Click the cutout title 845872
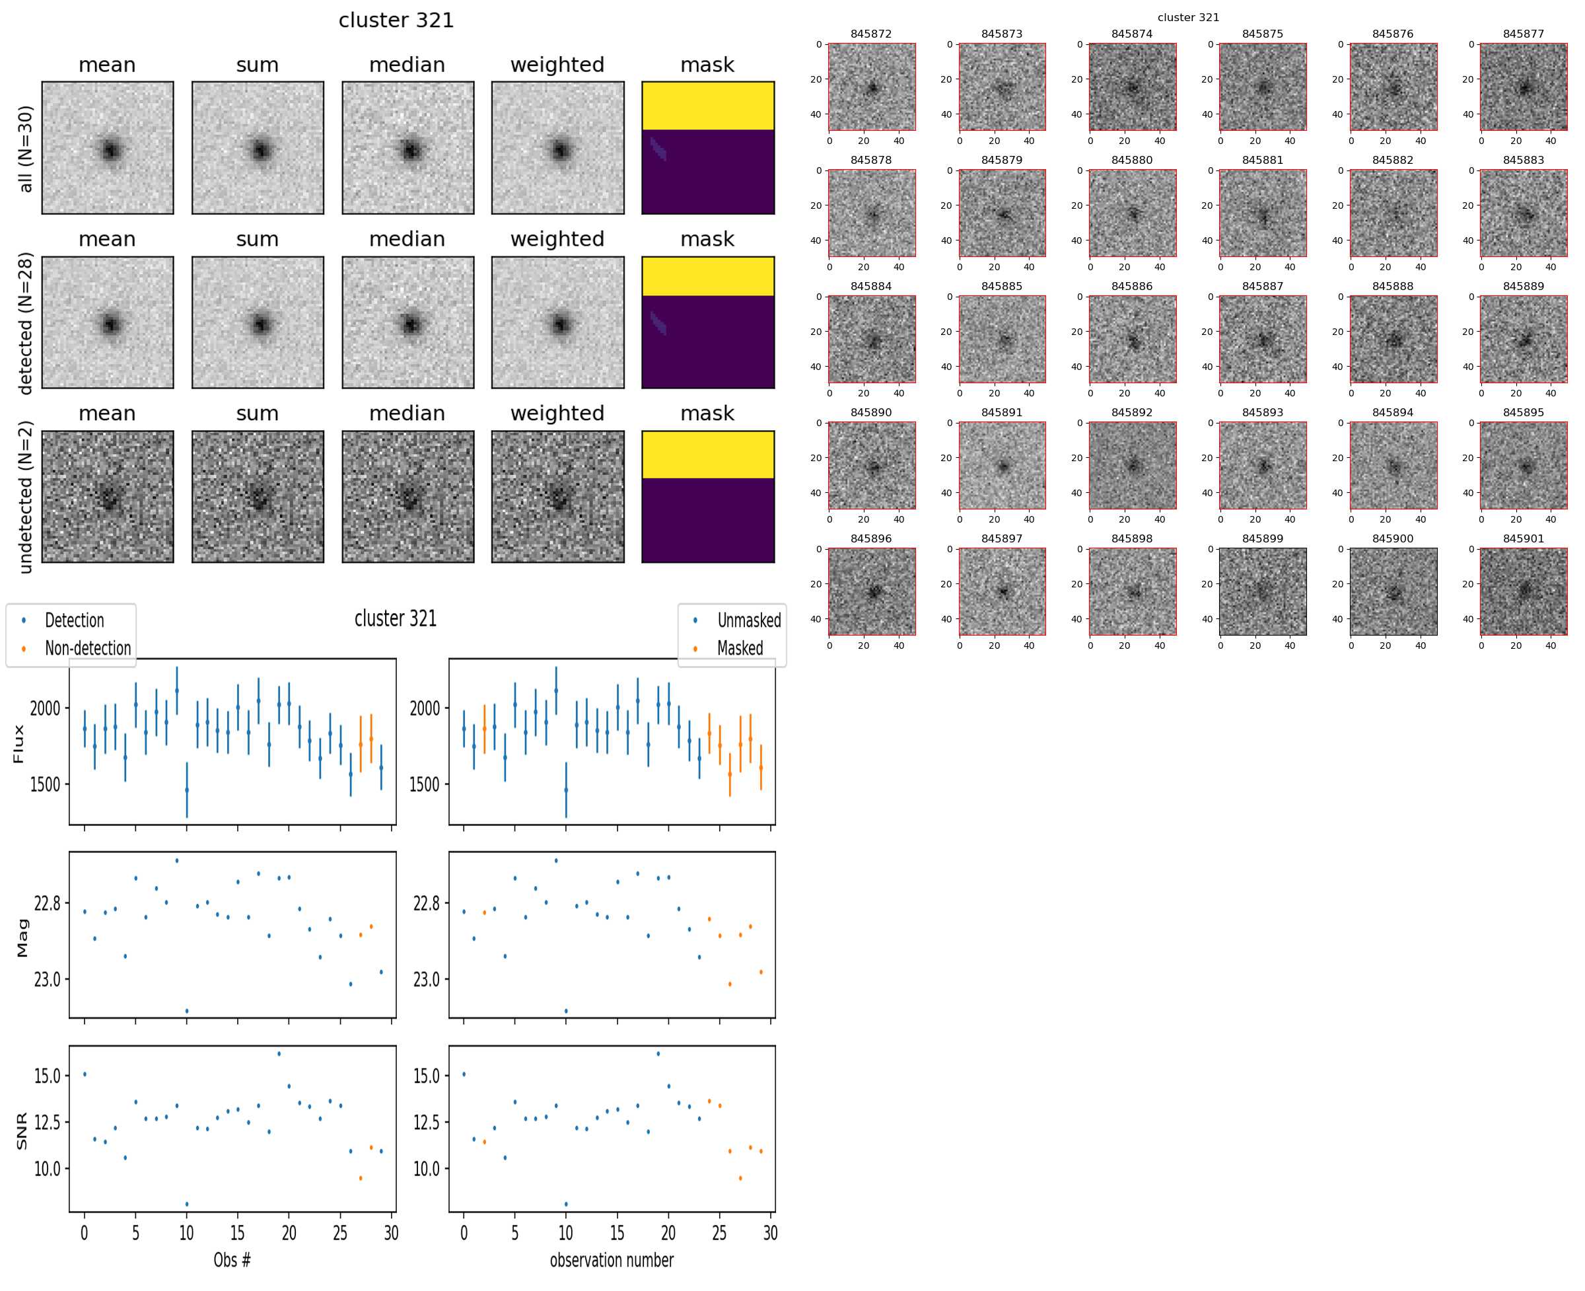point(870,34)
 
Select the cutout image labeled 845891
point(1001,466)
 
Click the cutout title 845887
point(1261,286)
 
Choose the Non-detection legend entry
point(87,649)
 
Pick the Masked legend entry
point(739,649)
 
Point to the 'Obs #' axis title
point(232,1260)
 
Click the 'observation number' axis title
point(611,1260)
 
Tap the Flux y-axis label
point(19,744)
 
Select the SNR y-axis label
point(22,1130)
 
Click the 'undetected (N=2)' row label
point(26,497)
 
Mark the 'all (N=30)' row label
point(26,149)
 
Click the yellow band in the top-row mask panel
point(707,106)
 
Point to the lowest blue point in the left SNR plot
point(187,1204)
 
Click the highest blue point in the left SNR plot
point(279,1054)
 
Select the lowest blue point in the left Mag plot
point(187,1011)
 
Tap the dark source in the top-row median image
point(409,150)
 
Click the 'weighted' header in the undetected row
point(557,414)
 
